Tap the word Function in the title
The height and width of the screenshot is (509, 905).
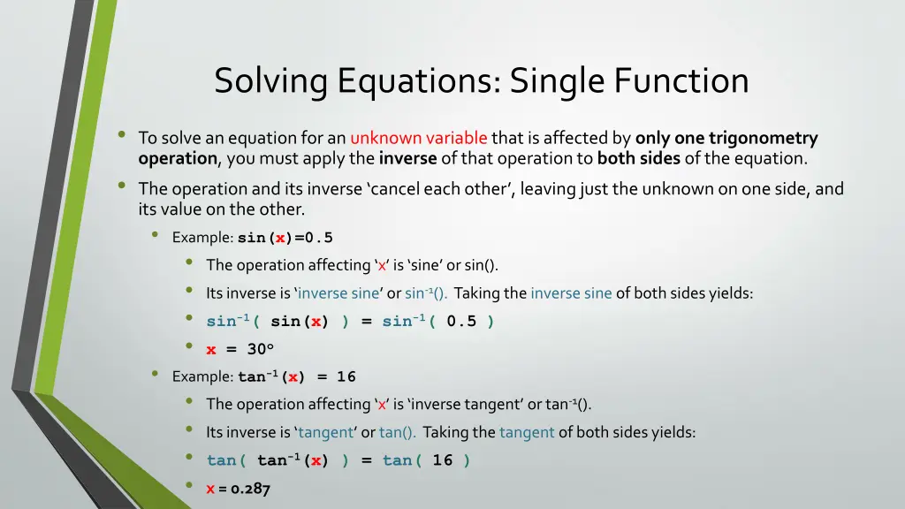[x=681, y=81]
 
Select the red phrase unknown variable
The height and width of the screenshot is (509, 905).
[x=418, y=138]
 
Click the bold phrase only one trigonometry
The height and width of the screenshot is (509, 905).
[x=726, y=138]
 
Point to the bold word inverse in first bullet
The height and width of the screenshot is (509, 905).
[x=407, y=159]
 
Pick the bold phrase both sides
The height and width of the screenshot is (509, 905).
[x=638, y=159]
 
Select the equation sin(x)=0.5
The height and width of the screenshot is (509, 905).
[x=285, y=238]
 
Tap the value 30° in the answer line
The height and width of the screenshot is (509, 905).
[x=264, y=349]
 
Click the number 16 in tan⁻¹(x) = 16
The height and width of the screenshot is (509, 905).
[x=346, y=376]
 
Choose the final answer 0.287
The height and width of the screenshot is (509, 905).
[x=251, y=488]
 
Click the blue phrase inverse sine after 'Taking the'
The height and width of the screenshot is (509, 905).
[x=571, y=293]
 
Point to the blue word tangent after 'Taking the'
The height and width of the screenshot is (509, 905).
[x=527, y=432]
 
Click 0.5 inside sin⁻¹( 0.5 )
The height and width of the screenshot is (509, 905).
[x=461, y=322]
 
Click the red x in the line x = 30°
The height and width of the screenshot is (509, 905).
[x=211, y=349]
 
